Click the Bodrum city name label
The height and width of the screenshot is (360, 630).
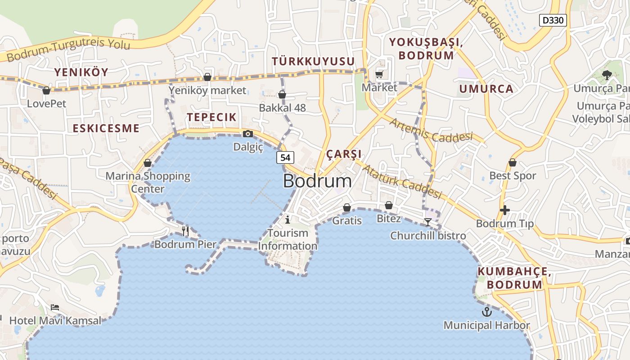[317, 181]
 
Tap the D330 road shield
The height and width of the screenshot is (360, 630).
[553, 20]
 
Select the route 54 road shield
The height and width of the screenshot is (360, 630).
[285, 157]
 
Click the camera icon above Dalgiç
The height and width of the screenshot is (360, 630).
[247, 134]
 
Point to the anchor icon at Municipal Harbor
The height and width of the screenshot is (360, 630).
[486, 312]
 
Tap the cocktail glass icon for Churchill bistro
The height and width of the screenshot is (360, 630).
[427, 222]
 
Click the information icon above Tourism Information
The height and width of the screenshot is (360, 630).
[288, 220]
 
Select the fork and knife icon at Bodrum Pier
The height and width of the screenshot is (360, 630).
[185, 231]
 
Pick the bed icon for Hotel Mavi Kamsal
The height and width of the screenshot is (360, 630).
[55, 308]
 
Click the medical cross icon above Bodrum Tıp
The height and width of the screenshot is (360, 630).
[505, 210]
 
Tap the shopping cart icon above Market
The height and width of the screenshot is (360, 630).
[379, 74]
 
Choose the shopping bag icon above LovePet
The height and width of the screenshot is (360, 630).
[46, 90]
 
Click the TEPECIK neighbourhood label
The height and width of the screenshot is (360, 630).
[211, 117]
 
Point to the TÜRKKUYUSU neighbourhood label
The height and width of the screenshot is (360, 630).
[313, 62]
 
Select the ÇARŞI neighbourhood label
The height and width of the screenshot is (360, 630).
[344, 154]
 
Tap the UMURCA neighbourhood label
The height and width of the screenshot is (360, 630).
[486, 89]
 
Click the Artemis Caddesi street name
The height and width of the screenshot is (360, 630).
[431, 130]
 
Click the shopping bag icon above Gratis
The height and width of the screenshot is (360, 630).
[347, 207]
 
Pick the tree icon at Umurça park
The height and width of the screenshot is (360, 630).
[607, 75]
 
